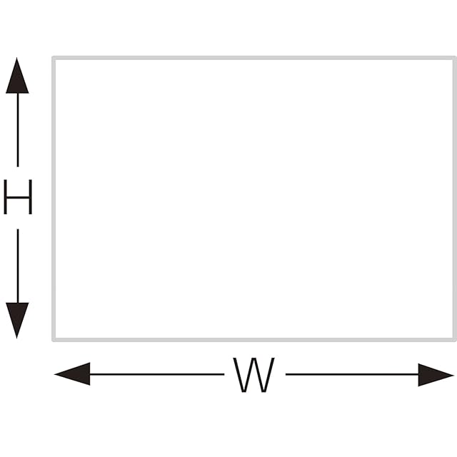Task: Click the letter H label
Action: tap(18, 197)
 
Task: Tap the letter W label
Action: tap(254, 375)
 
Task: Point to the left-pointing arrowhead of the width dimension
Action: tap(72, 373)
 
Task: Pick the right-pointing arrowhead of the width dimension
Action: tap(435, 374)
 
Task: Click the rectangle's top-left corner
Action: tap(54, 58)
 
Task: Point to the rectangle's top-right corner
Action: tap(454, 58)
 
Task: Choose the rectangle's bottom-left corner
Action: tap(54, 339)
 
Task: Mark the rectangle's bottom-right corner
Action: tap(454, 339)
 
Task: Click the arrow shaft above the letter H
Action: tap(17, 132)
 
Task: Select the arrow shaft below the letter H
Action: tap(17, 264)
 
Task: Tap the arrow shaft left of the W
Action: tap(157, 373)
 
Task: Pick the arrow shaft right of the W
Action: tap(350, 373)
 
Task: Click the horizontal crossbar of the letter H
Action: tap(18, 197)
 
